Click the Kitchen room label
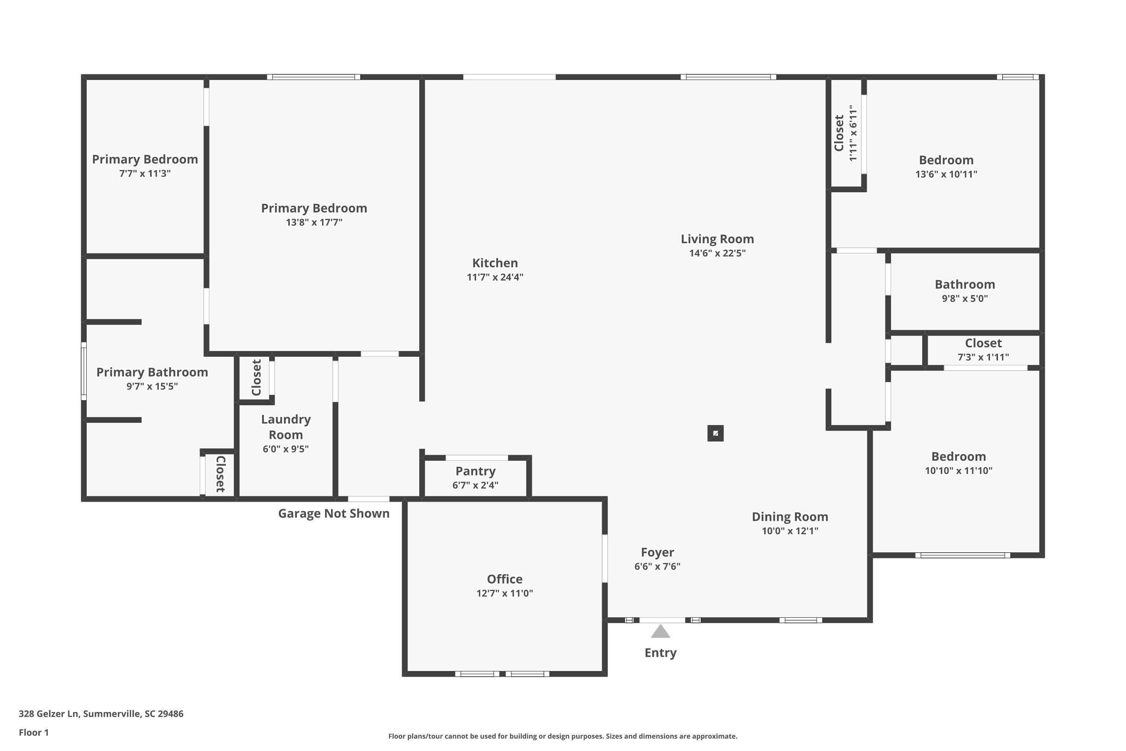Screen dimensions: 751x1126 [495, 263]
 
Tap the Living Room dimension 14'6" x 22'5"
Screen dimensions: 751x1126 [717, 253]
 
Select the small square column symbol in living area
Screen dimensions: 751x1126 [715, 433]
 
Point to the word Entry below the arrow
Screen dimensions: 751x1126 [660, 653]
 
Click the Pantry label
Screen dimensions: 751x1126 [476, 471]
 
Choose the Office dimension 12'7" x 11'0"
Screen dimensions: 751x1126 [504, 593]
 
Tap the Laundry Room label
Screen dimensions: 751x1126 [286, 427]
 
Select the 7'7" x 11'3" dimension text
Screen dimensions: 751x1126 [145, 173]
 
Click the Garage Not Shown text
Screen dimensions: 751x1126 [334, 513]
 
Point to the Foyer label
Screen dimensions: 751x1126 [657, 552]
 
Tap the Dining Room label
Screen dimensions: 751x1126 [790, 517]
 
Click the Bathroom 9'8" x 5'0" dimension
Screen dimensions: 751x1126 [965, 299]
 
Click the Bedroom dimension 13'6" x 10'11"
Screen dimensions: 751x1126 [946, 174]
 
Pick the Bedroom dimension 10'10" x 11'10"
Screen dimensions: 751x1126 [959, 471]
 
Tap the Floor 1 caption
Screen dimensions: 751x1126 [33, 732]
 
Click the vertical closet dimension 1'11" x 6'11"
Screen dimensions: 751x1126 [853, 133]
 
